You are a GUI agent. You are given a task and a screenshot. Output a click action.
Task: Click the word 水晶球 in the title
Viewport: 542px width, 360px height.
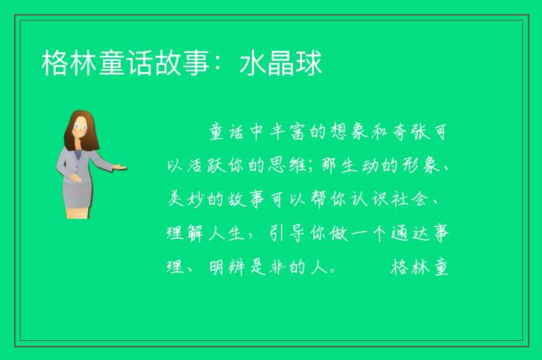point(281,63)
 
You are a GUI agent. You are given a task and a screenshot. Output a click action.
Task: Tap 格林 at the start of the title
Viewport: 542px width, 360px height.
point(69,63)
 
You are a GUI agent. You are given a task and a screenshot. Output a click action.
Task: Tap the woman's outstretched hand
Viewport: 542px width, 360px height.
point(119,168)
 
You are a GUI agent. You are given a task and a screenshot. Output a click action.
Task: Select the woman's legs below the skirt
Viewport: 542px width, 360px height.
point(78,212)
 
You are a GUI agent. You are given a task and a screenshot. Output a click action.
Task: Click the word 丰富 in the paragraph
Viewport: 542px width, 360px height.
point(287,132)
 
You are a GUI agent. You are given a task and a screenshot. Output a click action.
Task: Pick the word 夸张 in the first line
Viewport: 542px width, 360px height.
point(411,132)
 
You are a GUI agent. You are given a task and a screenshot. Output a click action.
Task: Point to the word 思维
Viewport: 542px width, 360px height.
point(287,165)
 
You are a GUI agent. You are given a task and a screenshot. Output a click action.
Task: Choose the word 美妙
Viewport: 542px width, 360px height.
point(186,199)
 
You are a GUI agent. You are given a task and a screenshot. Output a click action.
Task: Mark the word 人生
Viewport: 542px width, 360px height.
point(227,233)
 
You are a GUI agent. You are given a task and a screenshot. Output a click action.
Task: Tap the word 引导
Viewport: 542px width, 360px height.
point(287,233)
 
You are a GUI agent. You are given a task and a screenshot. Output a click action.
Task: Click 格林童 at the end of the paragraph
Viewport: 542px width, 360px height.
point(420,267)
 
